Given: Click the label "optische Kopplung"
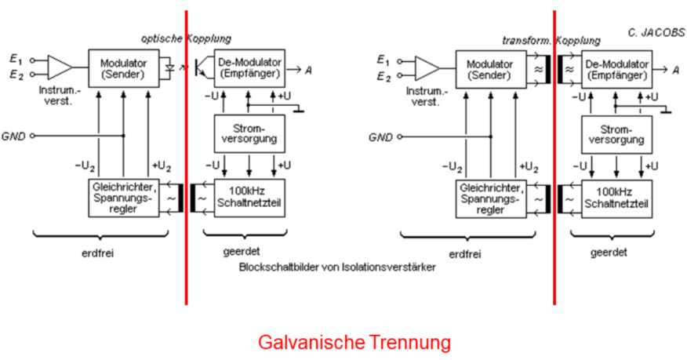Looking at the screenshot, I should click(186, 38).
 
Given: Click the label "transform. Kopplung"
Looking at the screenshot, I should click(551, 39).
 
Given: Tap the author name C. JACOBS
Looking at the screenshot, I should click(656, 33).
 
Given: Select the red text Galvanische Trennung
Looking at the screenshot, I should click(354, 343).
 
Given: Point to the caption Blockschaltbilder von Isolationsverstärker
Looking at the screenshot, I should click(337, 267).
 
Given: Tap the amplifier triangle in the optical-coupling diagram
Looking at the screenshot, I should click(60, 67).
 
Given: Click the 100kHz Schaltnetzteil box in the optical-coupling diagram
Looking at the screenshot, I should click(249, 197).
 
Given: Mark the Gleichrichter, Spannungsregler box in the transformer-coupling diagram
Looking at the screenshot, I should click(491, 198).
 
